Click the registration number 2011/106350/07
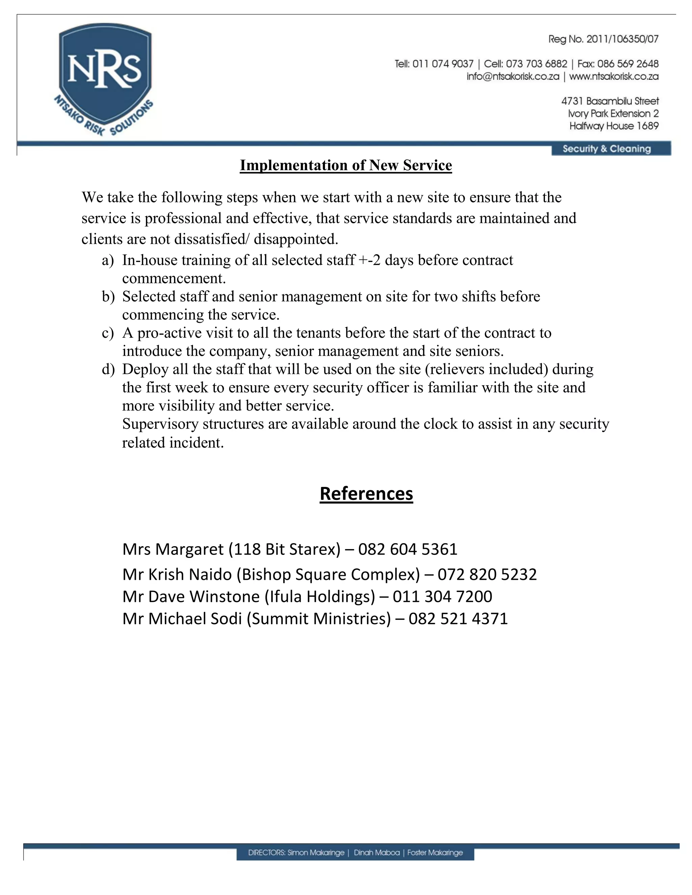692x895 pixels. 622,39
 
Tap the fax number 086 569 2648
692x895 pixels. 628,64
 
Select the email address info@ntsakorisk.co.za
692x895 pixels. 513,77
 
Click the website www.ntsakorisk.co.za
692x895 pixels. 614,77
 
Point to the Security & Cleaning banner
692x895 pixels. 607,149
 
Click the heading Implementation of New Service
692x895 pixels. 346,165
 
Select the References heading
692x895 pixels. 366,493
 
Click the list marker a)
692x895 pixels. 108,260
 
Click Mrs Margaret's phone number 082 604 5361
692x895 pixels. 407,549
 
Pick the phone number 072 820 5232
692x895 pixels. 487,574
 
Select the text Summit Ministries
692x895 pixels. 319,619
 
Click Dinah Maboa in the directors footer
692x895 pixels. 376,853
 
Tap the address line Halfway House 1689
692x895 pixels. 614,126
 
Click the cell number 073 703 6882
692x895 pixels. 536,64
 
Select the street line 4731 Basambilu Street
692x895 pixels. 610,101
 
